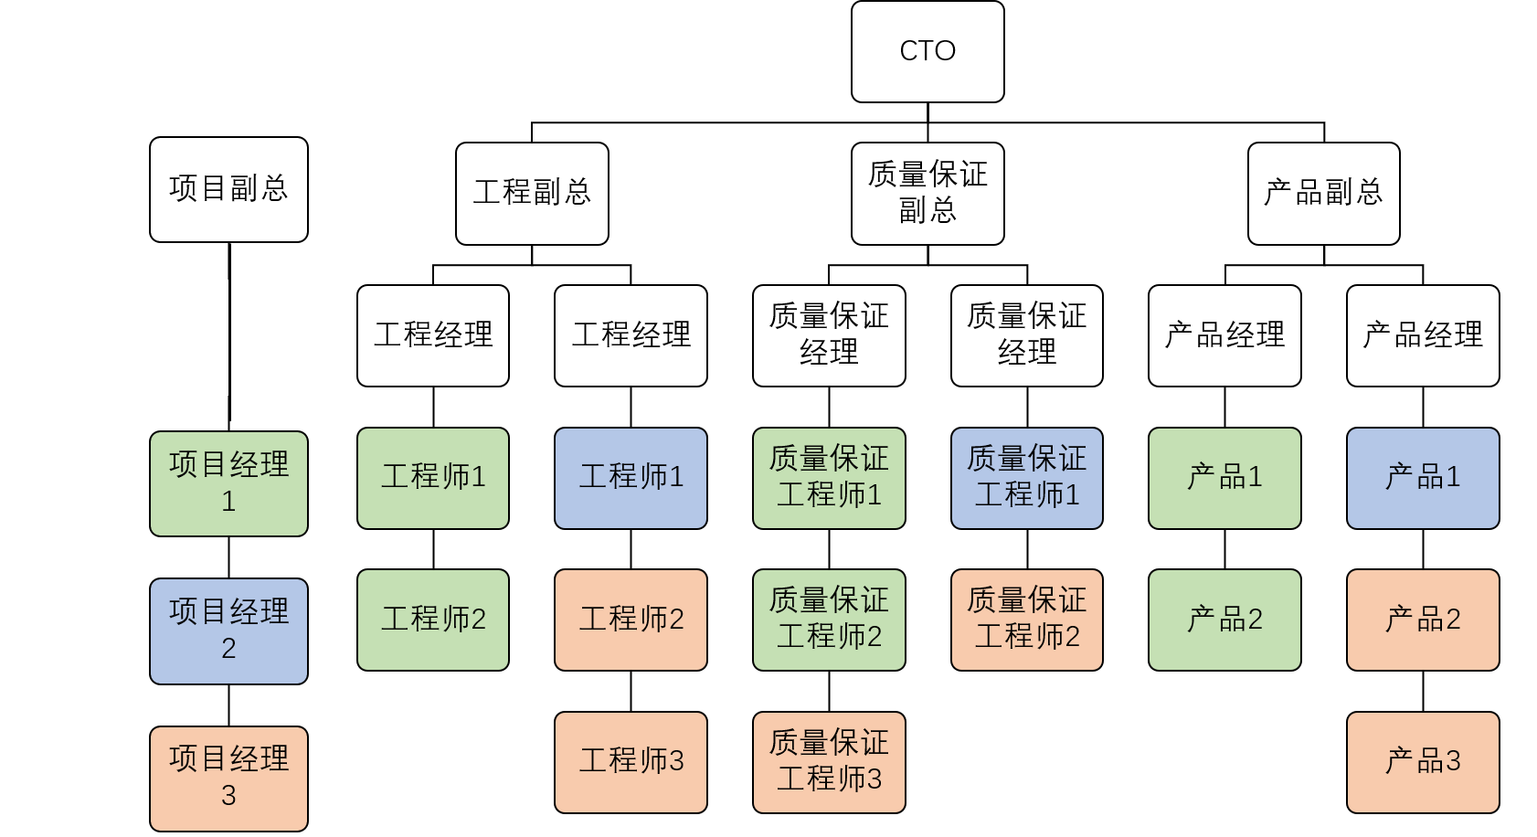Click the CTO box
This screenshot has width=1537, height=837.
pyautogui.click(x=927, y=51)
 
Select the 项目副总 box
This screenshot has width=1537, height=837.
pyautogui.click(x=228, y=189)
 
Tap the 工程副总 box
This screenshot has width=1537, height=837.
pyautogui.click(x=532, y=193)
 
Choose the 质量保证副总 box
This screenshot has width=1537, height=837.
pyautogui.click(x=927, y=193)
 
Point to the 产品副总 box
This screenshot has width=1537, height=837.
pyautogui.click(x=1323, y=193)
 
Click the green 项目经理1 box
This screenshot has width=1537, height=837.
pyautogui.click(x=228, y=483)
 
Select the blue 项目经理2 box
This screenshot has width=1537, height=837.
pyautogui.click(x=228, y=630)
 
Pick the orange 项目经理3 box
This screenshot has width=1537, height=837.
pyautogui.click(x=228, y=778)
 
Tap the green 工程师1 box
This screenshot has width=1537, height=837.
pyautogui.click(x=433, y=478)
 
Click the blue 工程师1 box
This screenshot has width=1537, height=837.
pyautogui.click(x=631, y=478)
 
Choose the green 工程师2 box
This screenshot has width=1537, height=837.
pyautogui.click(x=433, y=620)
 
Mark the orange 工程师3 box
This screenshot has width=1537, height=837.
pyautogui.click(x=631, y=762)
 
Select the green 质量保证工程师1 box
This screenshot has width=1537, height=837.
pyautogui.click(x=829, y=478)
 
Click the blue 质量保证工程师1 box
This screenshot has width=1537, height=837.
pyautogui.click(x=1027, y=478)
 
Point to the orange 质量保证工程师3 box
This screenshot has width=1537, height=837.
pyautogui.click(x=829, y=762)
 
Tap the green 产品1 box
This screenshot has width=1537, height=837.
pyautogui.click(x=1224, y=478)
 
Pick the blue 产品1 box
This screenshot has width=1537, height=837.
pyautogui.click(x=1423, y=478)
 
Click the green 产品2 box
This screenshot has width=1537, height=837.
pyautogui.click(x=1224, y=620)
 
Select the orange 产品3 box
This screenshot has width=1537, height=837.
pyautogui.click(x=1423, y=762)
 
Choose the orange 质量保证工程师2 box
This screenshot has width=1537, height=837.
pyautogui.click(x=1027, y=620)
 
